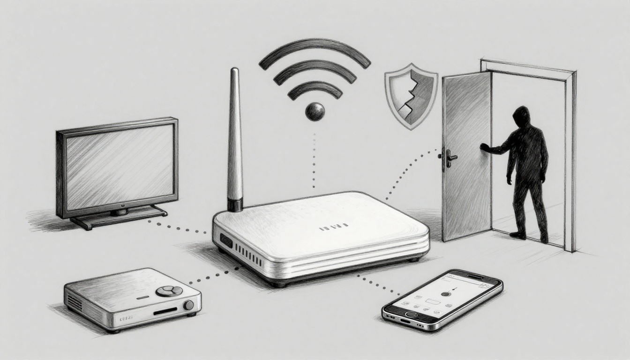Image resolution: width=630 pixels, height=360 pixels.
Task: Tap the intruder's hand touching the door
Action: click(484, 147)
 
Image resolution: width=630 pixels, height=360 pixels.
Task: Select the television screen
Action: click(120, 166)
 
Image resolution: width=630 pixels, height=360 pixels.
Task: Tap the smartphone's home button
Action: click(412, 314)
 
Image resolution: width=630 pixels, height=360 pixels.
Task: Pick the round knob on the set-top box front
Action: click(188, 305)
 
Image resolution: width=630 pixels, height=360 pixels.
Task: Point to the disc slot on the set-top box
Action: click(165, 310)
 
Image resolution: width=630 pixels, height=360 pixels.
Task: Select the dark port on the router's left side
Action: click(226, 241)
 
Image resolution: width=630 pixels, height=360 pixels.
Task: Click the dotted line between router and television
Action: click(180, 227)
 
